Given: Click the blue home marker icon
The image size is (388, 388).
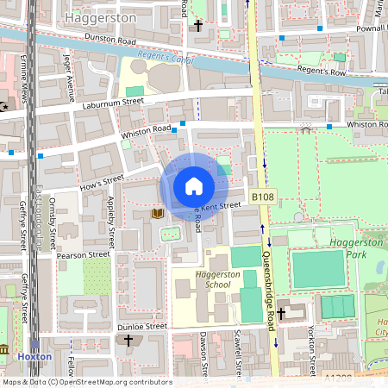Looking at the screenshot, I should pos(193,186).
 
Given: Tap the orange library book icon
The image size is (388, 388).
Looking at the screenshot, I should pos(157,212).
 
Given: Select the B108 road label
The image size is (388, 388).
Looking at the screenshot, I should pos(263,198).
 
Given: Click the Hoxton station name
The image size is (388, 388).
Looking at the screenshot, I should pos(35,356).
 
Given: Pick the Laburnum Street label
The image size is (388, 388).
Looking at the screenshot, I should pos(113,103).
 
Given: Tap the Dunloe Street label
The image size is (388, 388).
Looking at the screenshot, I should pos(142,327).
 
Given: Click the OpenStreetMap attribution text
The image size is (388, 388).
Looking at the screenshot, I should pos(86,382).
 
